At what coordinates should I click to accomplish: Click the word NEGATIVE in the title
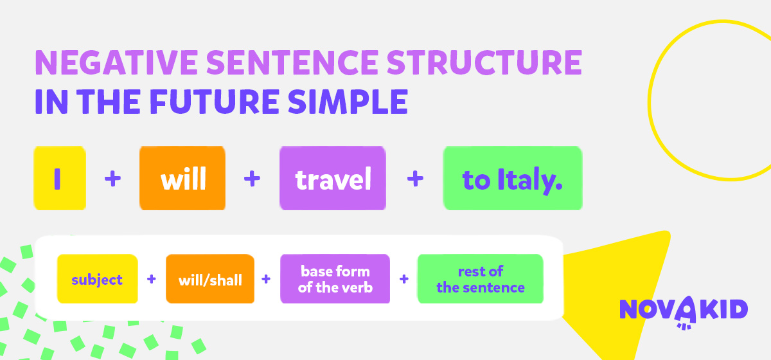pyautogui.click(x=116, y=62)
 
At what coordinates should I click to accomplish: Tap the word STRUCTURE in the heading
pyautogui.click(x=484, y=62)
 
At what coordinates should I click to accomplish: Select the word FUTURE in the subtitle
pyautogui.click(x=215, y=102)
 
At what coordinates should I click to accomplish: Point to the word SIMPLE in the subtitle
pyautogui.click(x=348, y=102)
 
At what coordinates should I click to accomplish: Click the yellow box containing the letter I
pyautogui.click(x=60, y=178)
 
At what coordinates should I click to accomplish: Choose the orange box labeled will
pyautogui.click(x=182, y=178)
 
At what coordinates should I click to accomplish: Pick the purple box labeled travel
pyautogui.click(x=333, y=178)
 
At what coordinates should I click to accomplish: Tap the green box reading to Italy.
pyautogui.click(x=513, y=178)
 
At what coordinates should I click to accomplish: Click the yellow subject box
pyautogui.click(x=98, y=279)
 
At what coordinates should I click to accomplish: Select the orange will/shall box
pyautogui.click(x=210, y=279)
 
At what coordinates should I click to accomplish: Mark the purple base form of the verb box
pyautogui.click(x=335, y=279)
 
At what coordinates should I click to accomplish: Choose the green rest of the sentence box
pyautogui.click(x=481, y=279)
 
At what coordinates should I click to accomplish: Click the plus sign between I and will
pyautogui.click(x=113, y=179)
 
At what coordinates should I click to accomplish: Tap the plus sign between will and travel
pyautogui.click(x=253, y=179)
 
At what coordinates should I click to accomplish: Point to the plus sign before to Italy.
pyautogui.click(x=415, y=179)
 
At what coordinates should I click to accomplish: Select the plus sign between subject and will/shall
pyautogui.click(x=152, y=279)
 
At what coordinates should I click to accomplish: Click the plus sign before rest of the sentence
pyautogui.click(x=404, y=279)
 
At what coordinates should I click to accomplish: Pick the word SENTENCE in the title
pyautogui.click(x=292, y=62)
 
